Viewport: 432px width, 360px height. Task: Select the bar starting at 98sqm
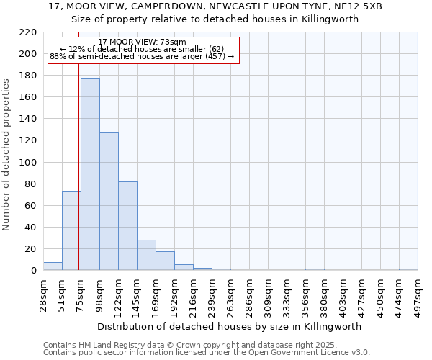[x=109, y=202]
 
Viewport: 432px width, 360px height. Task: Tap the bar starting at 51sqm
[x=71, y=230]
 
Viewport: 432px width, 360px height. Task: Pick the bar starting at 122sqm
[x=127, y=226]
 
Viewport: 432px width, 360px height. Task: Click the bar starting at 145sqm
[x=146, y=255]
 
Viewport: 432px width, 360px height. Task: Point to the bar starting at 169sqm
[x=165, y=261]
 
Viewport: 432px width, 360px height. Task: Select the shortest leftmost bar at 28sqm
[x=53, y=266]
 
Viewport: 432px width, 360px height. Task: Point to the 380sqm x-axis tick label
[x=325, y=293]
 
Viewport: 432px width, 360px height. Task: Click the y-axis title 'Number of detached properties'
[x=7, y=155]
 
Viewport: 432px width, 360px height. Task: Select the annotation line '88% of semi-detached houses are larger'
[x=142, y=56]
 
